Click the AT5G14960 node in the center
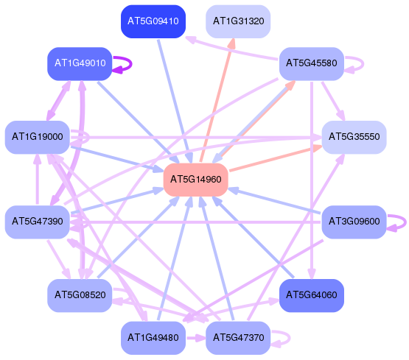click(195, 180)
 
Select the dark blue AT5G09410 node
click(153, 21)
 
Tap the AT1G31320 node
click(238, 21)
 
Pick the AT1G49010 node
click(80, 63)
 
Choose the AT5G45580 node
click(312, 63)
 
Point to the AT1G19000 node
click(38, 137)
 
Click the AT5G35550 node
click(354, 137)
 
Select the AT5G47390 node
click(38, 222)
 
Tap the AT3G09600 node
click(354, 222)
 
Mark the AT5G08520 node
click(80, 295)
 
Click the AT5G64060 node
click(312, 295)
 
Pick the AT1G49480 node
click(153, 338)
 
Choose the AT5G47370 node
click(238, 338)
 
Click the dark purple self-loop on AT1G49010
click(131, 63)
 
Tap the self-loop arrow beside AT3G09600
click(405, 223)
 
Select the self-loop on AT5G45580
click(363, 63)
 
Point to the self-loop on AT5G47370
click(290, 339)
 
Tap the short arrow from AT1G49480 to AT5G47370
click(196, 339)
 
